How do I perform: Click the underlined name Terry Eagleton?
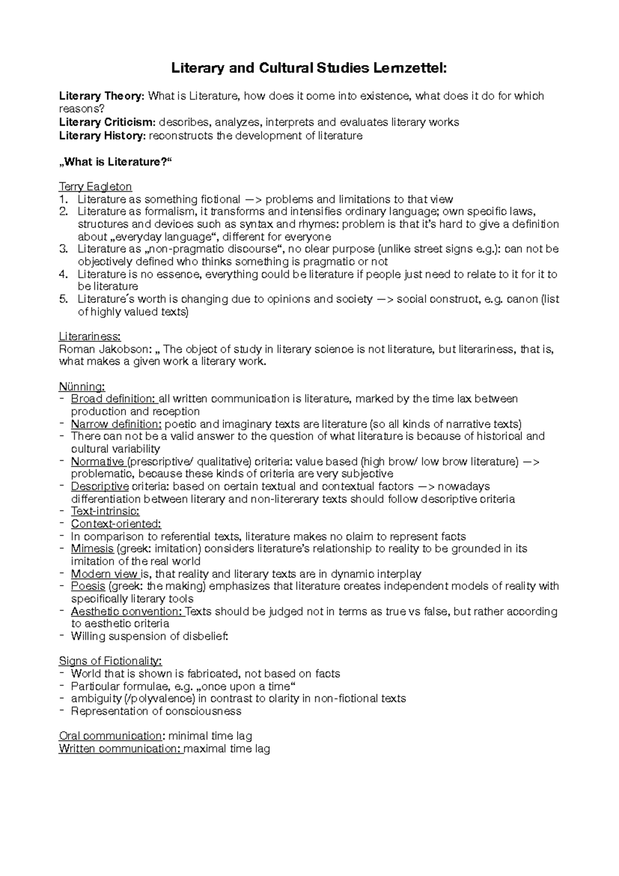(x=95, y=186)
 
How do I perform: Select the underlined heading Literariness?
(x=90, y=337)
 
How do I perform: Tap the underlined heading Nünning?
(x=82, y=387)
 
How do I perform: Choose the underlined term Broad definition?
(x=113, y=399)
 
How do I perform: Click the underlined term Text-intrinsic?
(x=105, y=512)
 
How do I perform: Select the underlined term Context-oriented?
(x=116, y=524)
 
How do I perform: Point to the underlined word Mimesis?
(x=92, y=549)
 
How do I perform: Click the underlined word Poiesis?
(x=88, y=587)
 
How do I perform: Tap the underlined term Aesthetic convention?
(x=127, y=612)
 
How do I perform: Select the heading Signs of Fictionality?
(x=110, y=662)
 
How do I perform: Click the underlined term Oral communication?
(x=110, y=737)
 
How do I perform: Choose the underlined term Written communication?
(x=120, y=749)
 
